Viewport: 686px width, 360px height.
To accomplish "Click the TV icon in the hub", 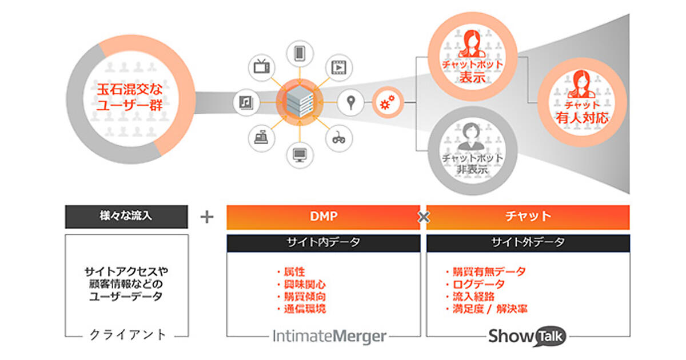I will point(262,67).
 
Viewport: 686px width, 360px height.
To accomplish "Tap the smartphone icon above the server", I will point(299,53).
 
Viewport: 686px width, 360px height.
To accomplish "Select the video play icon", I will point(339,67).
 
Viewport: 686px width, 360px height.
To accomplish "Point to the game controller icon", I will point(339,138).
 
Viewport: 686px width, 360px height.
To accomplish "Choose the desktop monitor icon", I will point(300,153).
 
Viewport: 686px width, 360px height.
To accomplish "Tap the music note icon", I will point(245,103).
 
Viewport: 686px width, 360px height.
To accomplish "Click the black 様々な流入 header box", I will point(126,217).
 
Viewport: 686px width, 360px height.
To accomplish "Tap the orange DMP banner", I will point(324,217).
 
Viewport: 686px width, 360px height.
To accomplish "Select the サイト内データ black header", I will point(324,242).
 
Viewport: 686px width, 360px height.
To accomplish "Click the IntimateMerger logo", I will point(330,336).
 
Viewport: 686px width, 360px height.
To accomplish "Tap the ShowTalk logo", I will point(527,336).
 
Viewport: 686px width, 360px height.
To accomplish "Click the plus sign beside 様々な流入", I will point(207,217).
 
